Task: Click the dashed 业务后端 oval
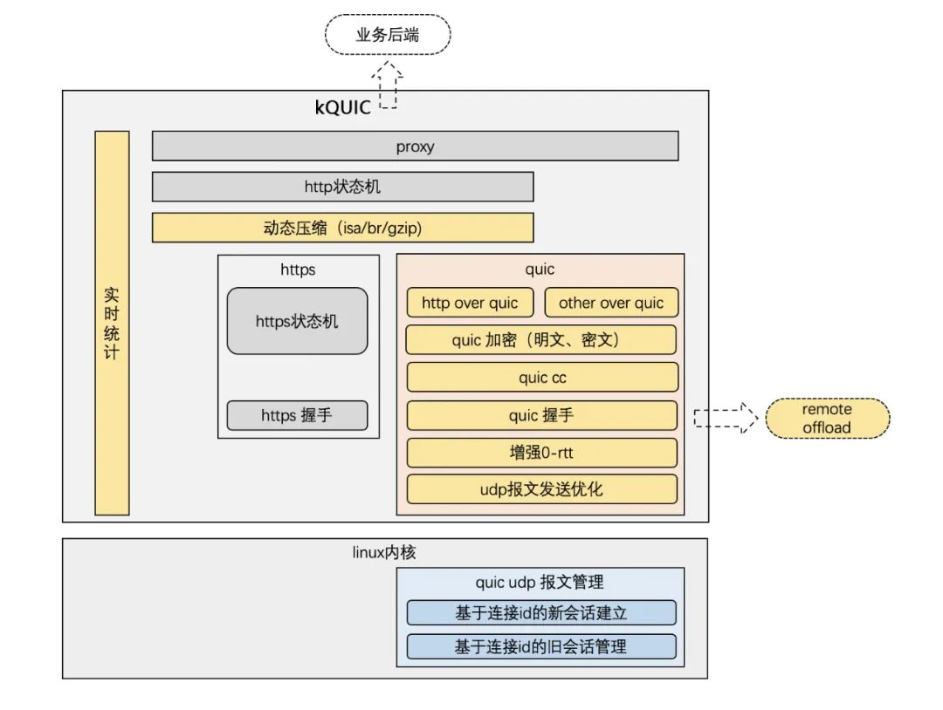point(388,36)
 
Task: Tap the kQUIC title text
point(342,107)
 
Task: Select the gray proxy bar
point(415,147)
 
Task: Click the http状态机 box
point(342,187)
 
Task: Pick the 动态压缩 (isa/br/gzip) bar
point(342,228)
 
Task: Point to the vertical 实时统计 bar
point(112,323)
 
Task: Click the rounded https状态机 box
point(297,321)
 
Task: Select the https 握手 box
point(297,415)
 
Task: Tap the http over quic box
point(470,303)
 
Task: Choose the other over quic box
point(611,303)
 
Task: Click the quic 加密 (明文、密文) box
point(541,340)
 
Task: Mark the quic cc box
point(541,378)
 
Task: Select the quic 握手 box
point(541,415)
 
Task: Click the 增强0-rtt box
point(541,453)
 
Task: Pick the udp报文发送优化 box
point(541,489)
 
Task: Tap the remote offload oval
point(827,419)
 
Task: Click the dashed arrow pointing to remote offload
point(724,418)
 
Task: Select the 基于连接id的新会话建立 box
point(541,612)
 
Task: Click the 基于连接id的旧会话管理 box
point(541,646)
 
